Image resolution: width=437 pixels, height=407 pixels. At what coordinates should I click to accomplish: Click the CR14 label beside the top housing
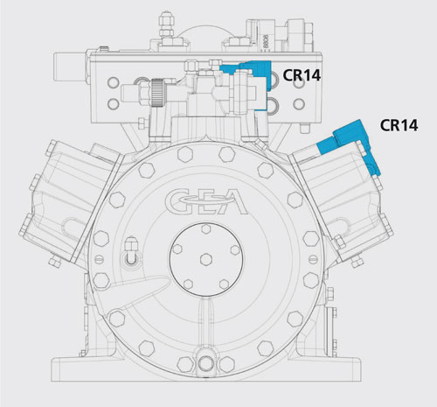point(302,75)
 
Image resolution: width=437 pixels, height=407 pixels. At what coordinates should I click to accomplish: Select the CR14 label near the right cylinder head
point(399,125)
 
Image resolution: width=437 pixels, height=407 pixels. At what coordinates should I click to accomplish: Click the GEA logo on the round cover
point(206,201)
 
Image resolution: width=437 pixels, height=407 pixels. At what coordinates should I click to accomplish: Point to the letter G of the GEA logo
point(177,201)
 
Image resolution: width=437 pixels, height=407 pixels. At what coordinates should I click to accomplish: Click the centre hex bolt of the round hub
point(206,259)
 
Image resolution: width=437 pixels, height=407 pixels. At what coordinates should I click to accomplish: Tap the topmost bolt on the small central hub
point(206,229)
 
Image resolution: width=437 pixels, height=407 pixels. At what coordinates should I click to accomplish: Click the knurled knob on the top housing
point(156,93)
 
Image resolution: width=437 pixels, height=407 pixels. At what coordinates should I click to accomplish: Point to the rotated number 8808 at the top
point(265,42)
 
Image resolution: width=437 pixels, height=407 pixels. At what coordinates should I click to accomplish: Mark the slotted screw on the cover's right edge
point(314,258)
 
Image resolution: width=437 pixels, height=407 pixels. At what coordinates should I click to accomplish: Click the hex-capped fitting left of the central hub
point(131,250)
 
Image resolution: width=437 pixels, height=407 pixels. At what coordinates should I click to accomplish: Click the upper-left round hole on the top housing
point(113,82)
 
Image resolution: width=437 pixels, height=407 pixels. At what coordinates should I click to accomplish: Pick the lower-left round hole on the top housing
point(113,104)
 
